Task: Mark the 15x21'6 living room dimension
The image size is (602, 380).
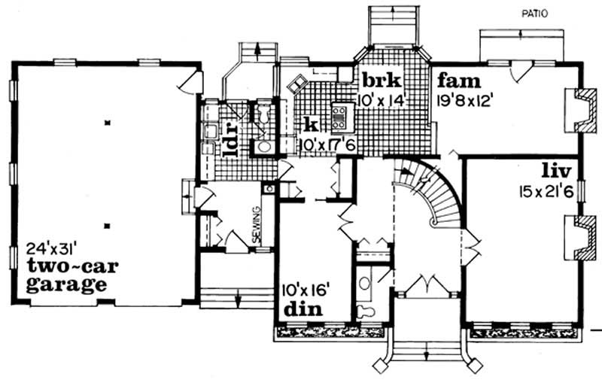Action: (546, 190)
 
